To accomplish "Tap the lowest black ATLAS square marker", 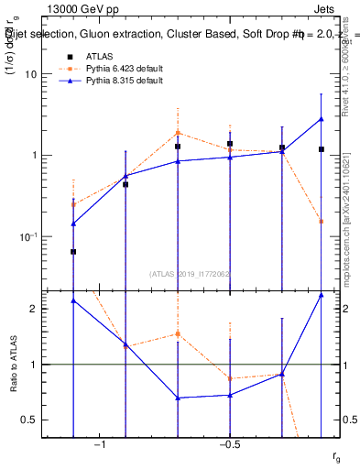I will pyautogui.click(x=73, y=251).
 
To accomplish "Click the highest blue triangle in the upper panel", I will pyautogui.click(x=322, y=119).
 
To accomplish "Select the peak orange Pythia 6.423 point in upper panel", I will pyautogui.click(x=178, y=133).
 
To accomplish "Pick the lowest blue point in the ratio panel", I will pyautogui.click(x=178, y=398).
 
